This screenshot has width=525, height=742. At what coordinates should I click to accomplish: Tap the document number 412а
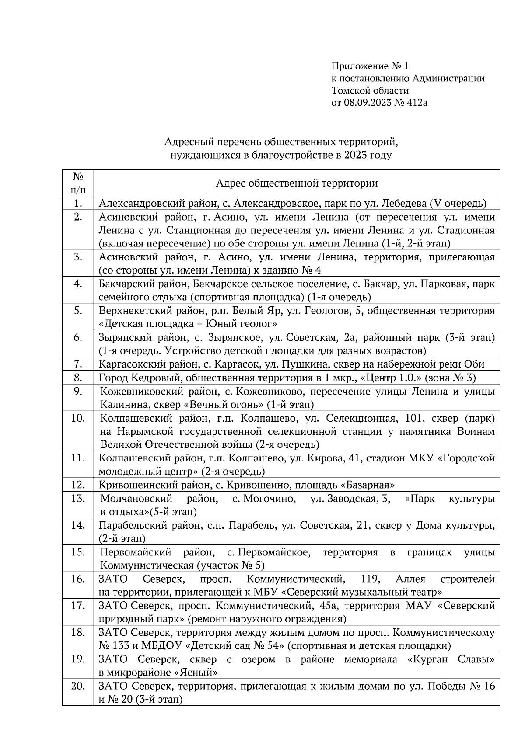(x=414, y=103)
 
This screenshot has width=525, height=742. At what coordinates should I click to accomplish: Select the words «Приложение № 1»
(x=370, y=66)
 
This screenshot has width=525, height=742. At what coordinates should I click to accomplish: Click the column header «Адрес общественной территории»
(x=297, y=183)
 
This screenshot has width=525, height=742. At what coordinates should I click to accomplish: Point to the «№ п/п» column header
(x=78, y=183)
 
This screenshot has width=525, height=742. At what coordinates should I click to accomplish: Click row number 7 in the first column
(x=78, y=364)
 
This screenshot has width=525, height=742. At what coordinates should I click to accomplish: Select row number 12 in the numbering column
(x=78, y=485)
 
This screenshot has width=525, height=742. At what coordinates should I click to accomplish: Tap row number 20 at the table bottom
(x=78, y=686)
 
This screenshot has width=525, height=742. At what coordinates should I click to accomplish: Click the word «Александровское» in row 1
(x=269, y=203)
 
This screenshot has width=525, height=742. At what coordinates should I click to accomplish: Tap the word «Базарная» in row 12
(x=370, y=485)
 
